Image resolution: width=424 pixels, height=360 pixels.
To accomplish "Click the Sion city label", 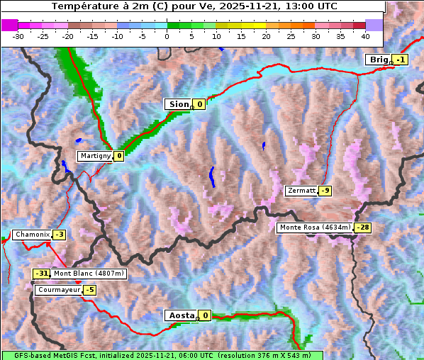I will pos(178,104).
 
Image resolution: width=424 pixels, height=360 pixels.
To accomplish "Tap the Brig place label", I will pos(378,60).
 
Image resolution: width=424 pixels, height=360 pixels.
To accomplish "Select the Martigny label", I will pos(94,156).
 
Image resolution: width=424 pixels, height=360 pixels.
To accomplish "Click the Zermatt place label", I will pos(301,191).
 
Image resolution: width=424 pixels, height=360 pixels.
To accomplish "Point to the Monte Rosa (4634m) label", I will pos(315,227).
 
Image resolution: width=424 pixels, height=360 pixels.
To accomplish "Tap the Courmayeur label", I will pos(58,290).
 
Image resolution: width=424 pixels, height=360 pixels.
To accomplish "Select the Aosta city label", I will pos(180,315).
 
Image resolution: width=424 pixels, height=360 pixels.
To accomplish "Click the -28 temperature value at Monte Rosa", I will pos(363,227).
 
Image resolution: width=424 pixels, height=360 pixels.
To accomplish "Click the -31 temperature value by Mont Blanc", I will pos(42,274).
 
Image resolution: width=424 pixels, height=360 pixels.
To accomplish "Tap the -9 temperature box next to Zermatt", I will pos(325,191).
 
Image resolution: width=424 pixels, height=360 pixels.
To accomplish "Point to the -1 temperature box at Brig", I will pos(401,60).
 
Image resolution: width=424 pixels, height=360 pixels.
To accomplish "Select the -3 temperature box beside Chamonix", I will pos(60,235).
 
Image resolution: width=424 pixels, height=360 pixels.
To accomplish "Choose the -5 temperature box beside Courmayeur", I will pos(89,290).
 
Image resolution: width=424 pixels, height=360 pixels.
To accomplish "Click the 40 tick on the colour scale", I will pos(365,35).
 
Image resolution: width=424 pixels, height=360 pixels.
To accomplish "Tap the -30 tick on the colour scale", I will pos(18,35).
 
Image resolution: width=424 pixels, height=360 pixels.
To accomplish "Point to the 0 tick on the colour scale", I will pos(167,35).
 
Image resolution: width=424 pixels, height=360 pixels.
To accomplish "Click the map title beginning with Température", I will pos(194,6).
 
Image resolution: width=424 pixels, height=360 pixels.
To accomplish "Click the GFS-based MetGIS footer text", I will pos(162,355).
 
